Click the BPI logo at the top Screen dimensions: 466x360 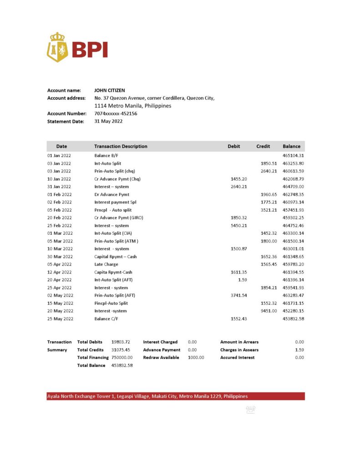coord(77,47)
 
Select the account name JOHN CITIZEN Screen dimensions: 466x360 coord(109,91)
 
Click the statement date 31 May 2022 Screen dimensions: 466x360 coord(108,122)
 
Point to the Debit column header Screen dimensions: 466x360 coord(234,147)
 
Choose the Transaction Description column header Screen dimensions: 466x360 coord(121,147)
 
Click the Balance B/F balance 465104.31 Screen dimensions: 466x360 coord(293,156)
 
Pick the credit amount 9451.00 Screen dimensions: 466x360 coord(269,311)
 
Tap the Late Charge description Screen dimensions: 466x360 coord(106,264)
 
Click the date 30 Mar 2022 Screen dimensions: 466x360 coord(60,257)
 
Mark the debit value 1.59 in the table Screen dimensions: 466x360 coord(242,280)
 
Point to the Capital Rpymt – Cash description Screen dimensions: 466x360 coord(116,257)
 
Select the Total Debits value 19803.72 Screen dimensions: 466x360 coord(121,342)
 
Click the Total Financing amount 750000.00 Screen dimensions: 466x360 coord(122,358)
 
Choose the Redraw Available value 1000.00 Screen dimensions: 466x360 coord(196,358)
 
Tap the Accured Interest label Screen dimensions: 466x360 coord(237,358)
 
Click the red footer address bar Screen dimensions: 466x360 coord(176,396)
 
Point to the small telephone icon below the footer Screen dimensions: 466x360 coord(250,410)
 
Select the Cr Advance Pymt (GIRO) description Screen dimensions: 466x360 coord(118,218)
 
